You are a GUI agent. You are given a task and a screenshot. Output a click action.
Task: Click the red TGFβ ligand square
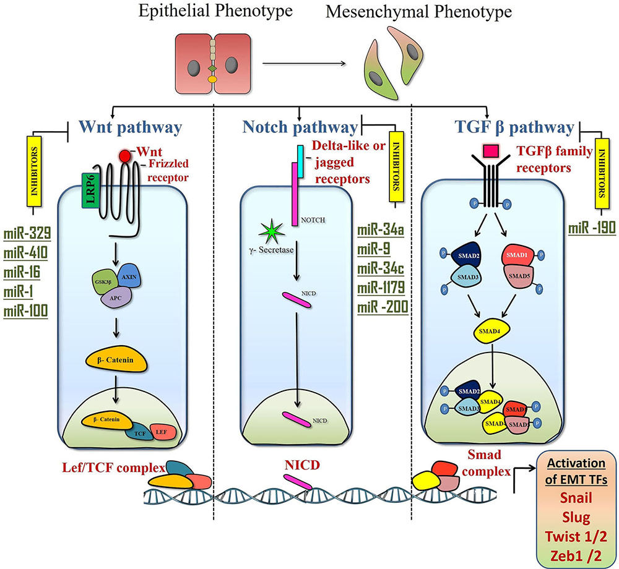pos(491,150)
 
